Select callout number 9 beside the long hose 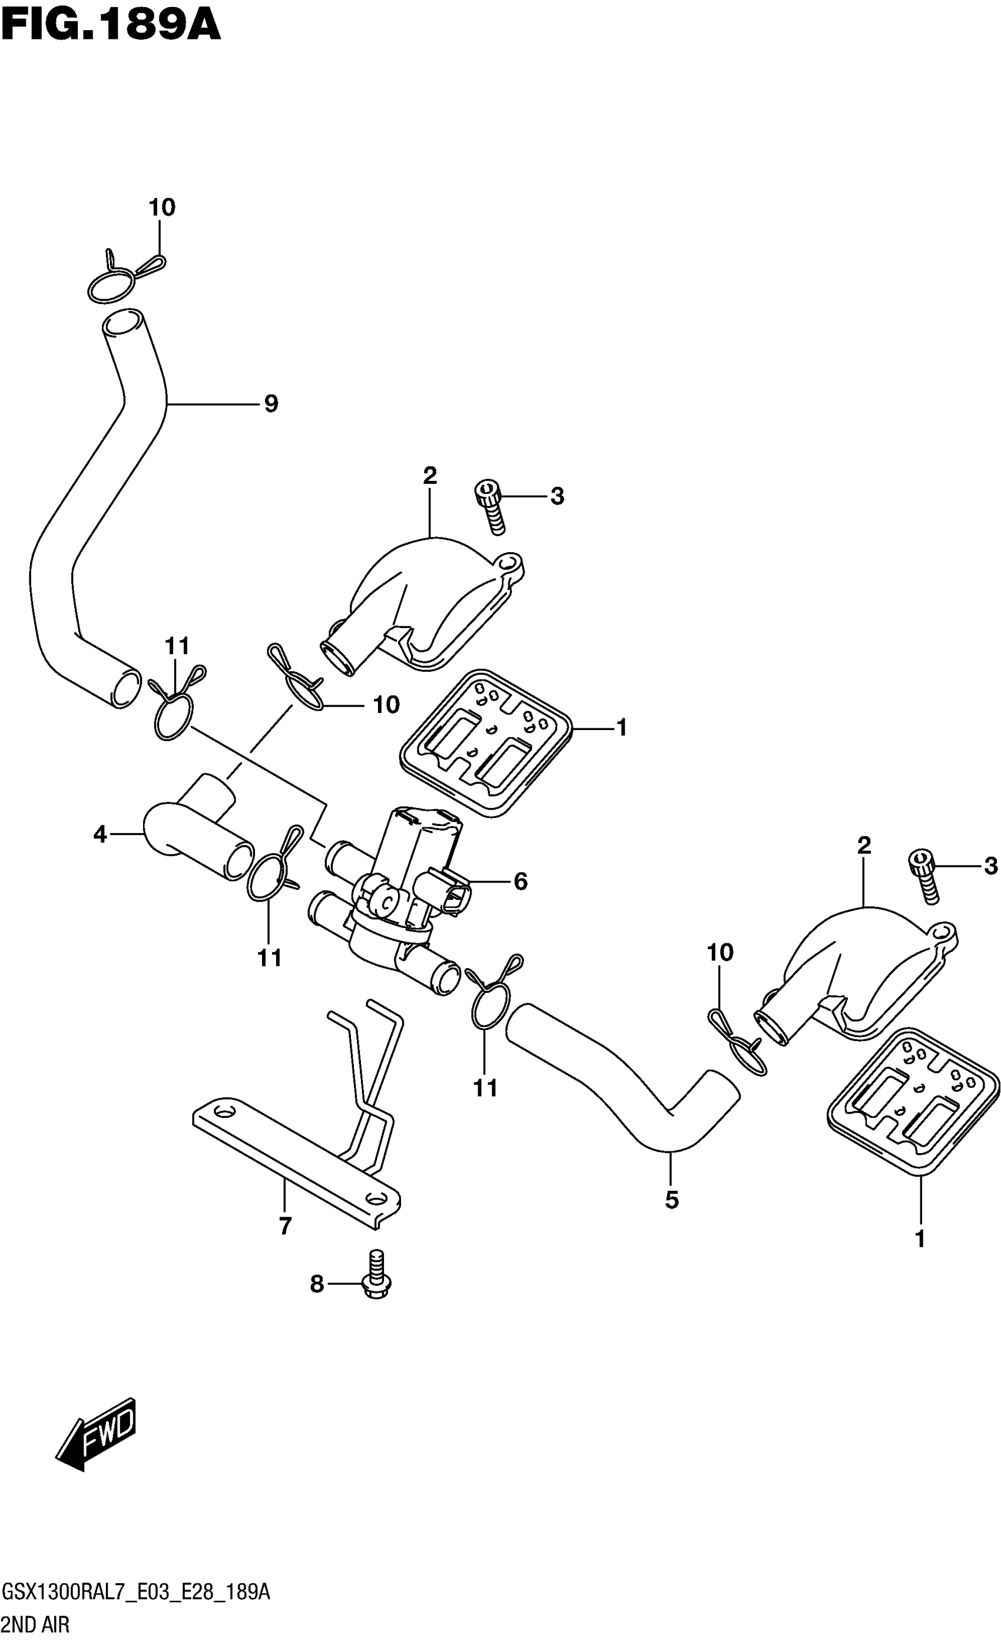click(270, 404)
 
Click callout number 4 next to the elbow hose click(100, 834)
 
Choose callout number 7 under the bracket click(285, 1226)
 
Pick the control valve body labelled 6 click(400, 881)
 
